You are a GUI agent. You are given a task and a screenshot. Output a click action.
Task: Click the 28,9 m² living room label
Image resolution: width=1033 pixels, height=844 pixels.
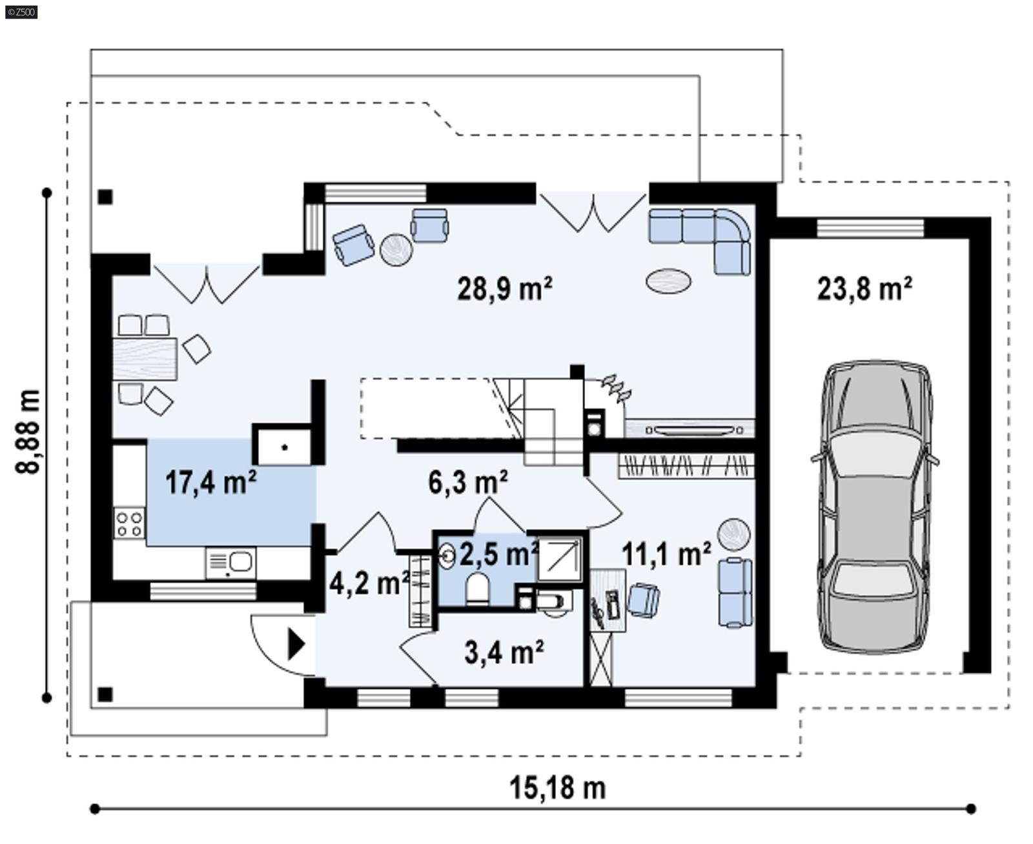tap(504, 288)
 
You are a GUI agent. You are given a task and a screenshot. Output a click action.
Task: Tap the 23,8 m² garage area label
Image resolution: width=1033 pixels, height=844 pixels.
tap(864, 288)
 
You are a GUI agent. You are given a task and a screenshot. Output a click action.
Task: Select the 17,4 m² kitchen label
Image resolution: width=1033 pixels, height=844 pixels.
tap(210, 482)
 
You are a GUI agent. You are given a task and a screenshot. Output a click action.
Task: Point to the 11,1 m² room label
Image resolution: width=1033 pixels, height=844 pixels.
tap(666, 554)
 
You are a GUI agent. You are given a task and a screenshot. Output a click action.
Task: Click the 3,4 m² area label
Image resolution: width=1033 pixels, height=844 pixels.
tap(504, 652)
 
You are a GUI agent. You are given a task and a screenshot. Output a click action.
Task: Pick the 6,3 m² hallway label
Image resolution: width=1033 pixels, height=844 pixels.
tap(467, 482)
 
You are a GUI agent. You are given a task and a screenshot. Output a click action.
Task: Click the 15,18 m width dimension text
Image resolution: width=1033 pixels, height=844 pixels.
tap(557, 788)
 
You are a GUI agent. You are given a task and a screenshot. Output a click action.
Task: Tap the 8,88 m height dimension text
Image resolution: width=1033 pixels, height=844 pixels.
tap(29, 432)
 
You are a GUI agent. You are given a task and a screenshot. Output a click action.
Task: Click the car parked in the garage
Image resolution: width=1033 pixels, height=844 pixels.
tap(875, 507)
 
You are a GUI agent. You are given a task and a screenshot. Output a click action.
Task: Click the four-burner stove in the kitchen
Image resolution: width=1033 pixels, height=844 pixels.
tap(129, 523)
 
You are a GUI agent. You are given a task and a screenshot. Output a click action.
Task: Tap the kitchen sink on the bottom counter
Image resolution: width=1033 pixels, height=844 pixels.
tap(232, 563)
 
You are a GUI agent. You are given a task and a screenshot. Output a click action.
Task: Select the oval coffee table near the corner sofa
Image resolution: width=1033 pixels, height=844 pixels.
tap(669, 281)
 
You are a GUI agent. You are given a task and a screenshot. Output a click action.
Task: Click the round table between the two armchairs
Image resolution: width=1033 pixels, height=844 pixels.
tap(396, 250)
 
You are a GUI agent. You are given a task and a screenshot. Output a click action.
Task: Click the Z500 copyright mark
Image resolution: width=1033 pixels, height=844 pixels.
tap(21, 11)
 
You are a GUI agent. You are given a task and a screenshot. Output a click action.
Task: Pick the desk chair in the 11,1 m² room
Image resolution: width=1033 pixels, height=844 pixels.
tap(643, 599)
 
